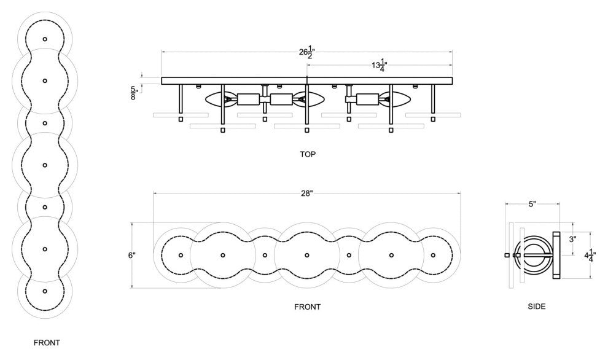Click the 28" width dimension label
[x=307, y=194]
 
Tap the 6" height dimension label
[x=131, y=255]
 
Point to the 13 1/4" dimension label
[x=380, y=65]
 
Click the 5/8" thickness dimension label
[x=134, y=93]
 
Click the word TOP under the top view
[x=308, y=154]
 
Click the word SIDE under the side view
[x=536, y=305]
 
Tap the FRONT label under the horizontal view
[x=307, y=306]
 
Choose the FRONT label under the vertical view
[x=47, y=343]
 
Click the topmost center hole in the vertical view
[x=45, y=39]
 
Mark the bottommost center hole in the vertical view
[x=45, y=291]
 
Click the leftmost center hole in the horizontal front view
[x=181, y=255]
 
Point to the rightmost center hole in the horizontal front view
[x=433, y=255]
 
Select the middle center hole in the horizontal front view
[x=307, y=255]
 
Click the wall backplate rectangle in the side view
[x=556, y=255]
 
